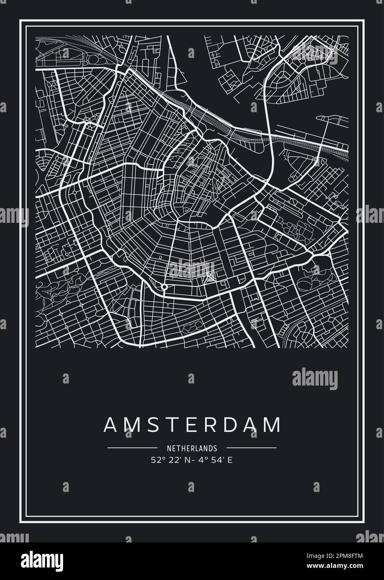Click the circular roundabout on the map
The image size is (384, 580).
point(164,287)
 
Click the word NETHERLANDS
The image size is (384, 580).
point(192,449)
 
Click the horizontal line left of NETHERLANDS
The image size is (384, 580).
point(132,448)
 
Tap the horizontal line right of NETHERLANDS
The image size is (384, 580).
point(252,448)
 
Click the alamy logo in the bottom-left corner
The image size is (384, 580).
point(38,560)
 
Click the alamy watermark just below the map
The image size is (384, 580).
point(315,379)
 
